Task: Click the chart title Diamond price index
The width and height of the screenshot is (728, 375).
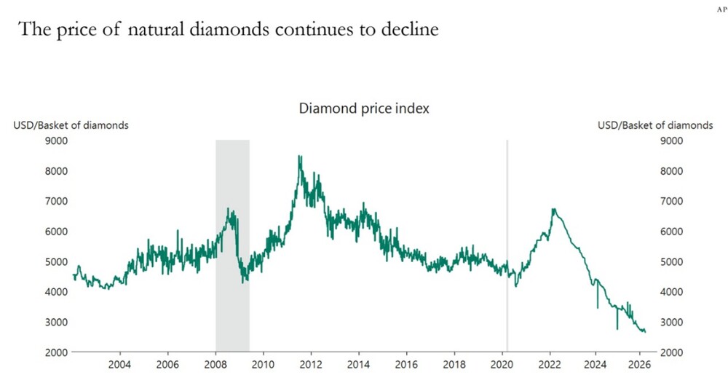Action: point(364,108)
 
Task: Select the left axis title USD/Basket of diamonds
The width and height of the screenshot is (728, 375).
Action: point(71,125)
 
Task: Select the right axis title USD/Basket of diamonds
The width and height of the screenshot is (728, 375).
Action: point(655,125)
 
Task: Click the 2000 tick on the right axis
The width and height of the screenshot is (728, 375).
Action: point(670,352)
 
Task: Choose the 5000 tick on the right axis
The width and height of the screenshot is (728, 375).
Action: point(670,261)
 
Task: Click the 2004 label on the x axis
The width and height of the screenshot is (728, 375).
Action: point(119,365)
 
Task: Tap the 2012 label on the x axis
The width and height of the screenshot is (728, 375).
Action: point(311,365)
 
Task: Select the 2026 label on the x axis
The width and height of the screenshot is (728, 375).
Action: point(638,365)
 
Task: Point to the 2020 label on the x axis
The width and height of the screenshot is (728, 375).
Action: point(502,365)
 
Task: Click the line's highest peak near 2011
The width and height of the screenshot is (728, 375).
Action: point(299,156)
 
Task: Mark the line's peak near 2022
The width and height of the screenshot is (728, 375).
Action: point(554,210)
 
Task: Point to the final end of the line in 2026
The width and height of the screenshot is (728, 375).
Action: point(645,332)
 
